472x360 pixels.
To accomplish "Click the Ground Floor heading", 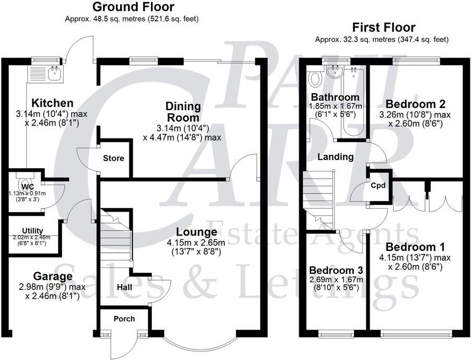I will click(133, 7).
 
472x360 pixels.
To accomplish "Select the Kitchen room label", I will click(52, 103).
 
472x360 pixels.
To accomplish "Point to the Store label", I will click(113, 158).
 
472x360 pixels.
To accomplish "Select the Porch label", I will click(124, 319).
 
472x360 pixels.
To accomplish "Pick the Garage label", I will click(53, 276).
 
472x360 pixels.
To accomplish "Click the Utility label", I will click(32, 230).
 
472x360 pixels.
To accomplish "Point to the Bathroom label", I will click(335, 97).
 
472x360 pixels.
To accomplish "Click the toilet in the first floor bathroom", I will click(315, 79).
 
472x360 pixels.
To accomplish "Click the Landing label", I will click(336, 157).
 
